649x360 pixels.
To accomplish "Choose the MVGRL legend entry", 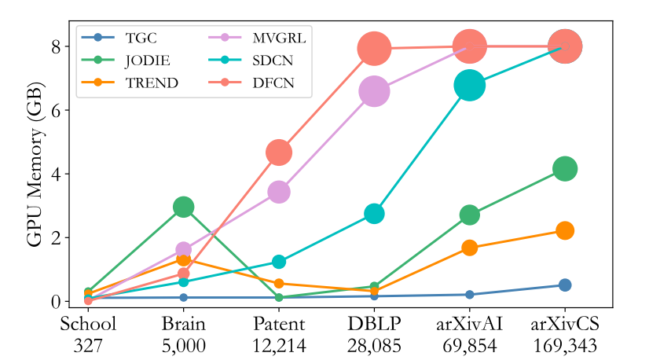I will click(276, 37).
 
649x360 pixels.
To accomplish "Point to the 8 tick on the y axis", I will click(56, 46).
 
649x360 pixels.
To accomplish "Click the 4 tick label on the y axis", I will click(56, 174).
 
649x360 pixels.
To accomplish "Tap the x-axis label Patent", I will click(279, 324).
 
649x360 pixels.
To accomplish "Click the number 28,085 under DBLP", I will click(375, 343).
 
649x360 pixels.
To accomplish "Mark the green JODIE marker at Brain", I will click(184, 207).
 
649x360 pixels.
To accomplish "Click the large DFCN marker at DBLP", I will click(375, 49).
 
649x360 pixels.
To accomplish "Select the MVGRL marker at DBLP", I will click(374, 91).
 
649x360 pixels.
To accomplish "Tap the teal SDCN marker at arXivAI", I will click(470, 85).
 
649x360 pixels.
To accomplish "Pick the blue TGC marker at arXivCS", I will click(565, 285).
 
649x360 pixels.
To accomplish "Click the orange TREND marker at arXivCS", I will click(565, 230).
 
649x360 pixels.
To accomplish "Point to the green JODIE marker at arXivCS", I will click(565, 168).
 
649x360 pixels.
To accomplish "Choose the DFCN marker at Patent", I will click(279, 152).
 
